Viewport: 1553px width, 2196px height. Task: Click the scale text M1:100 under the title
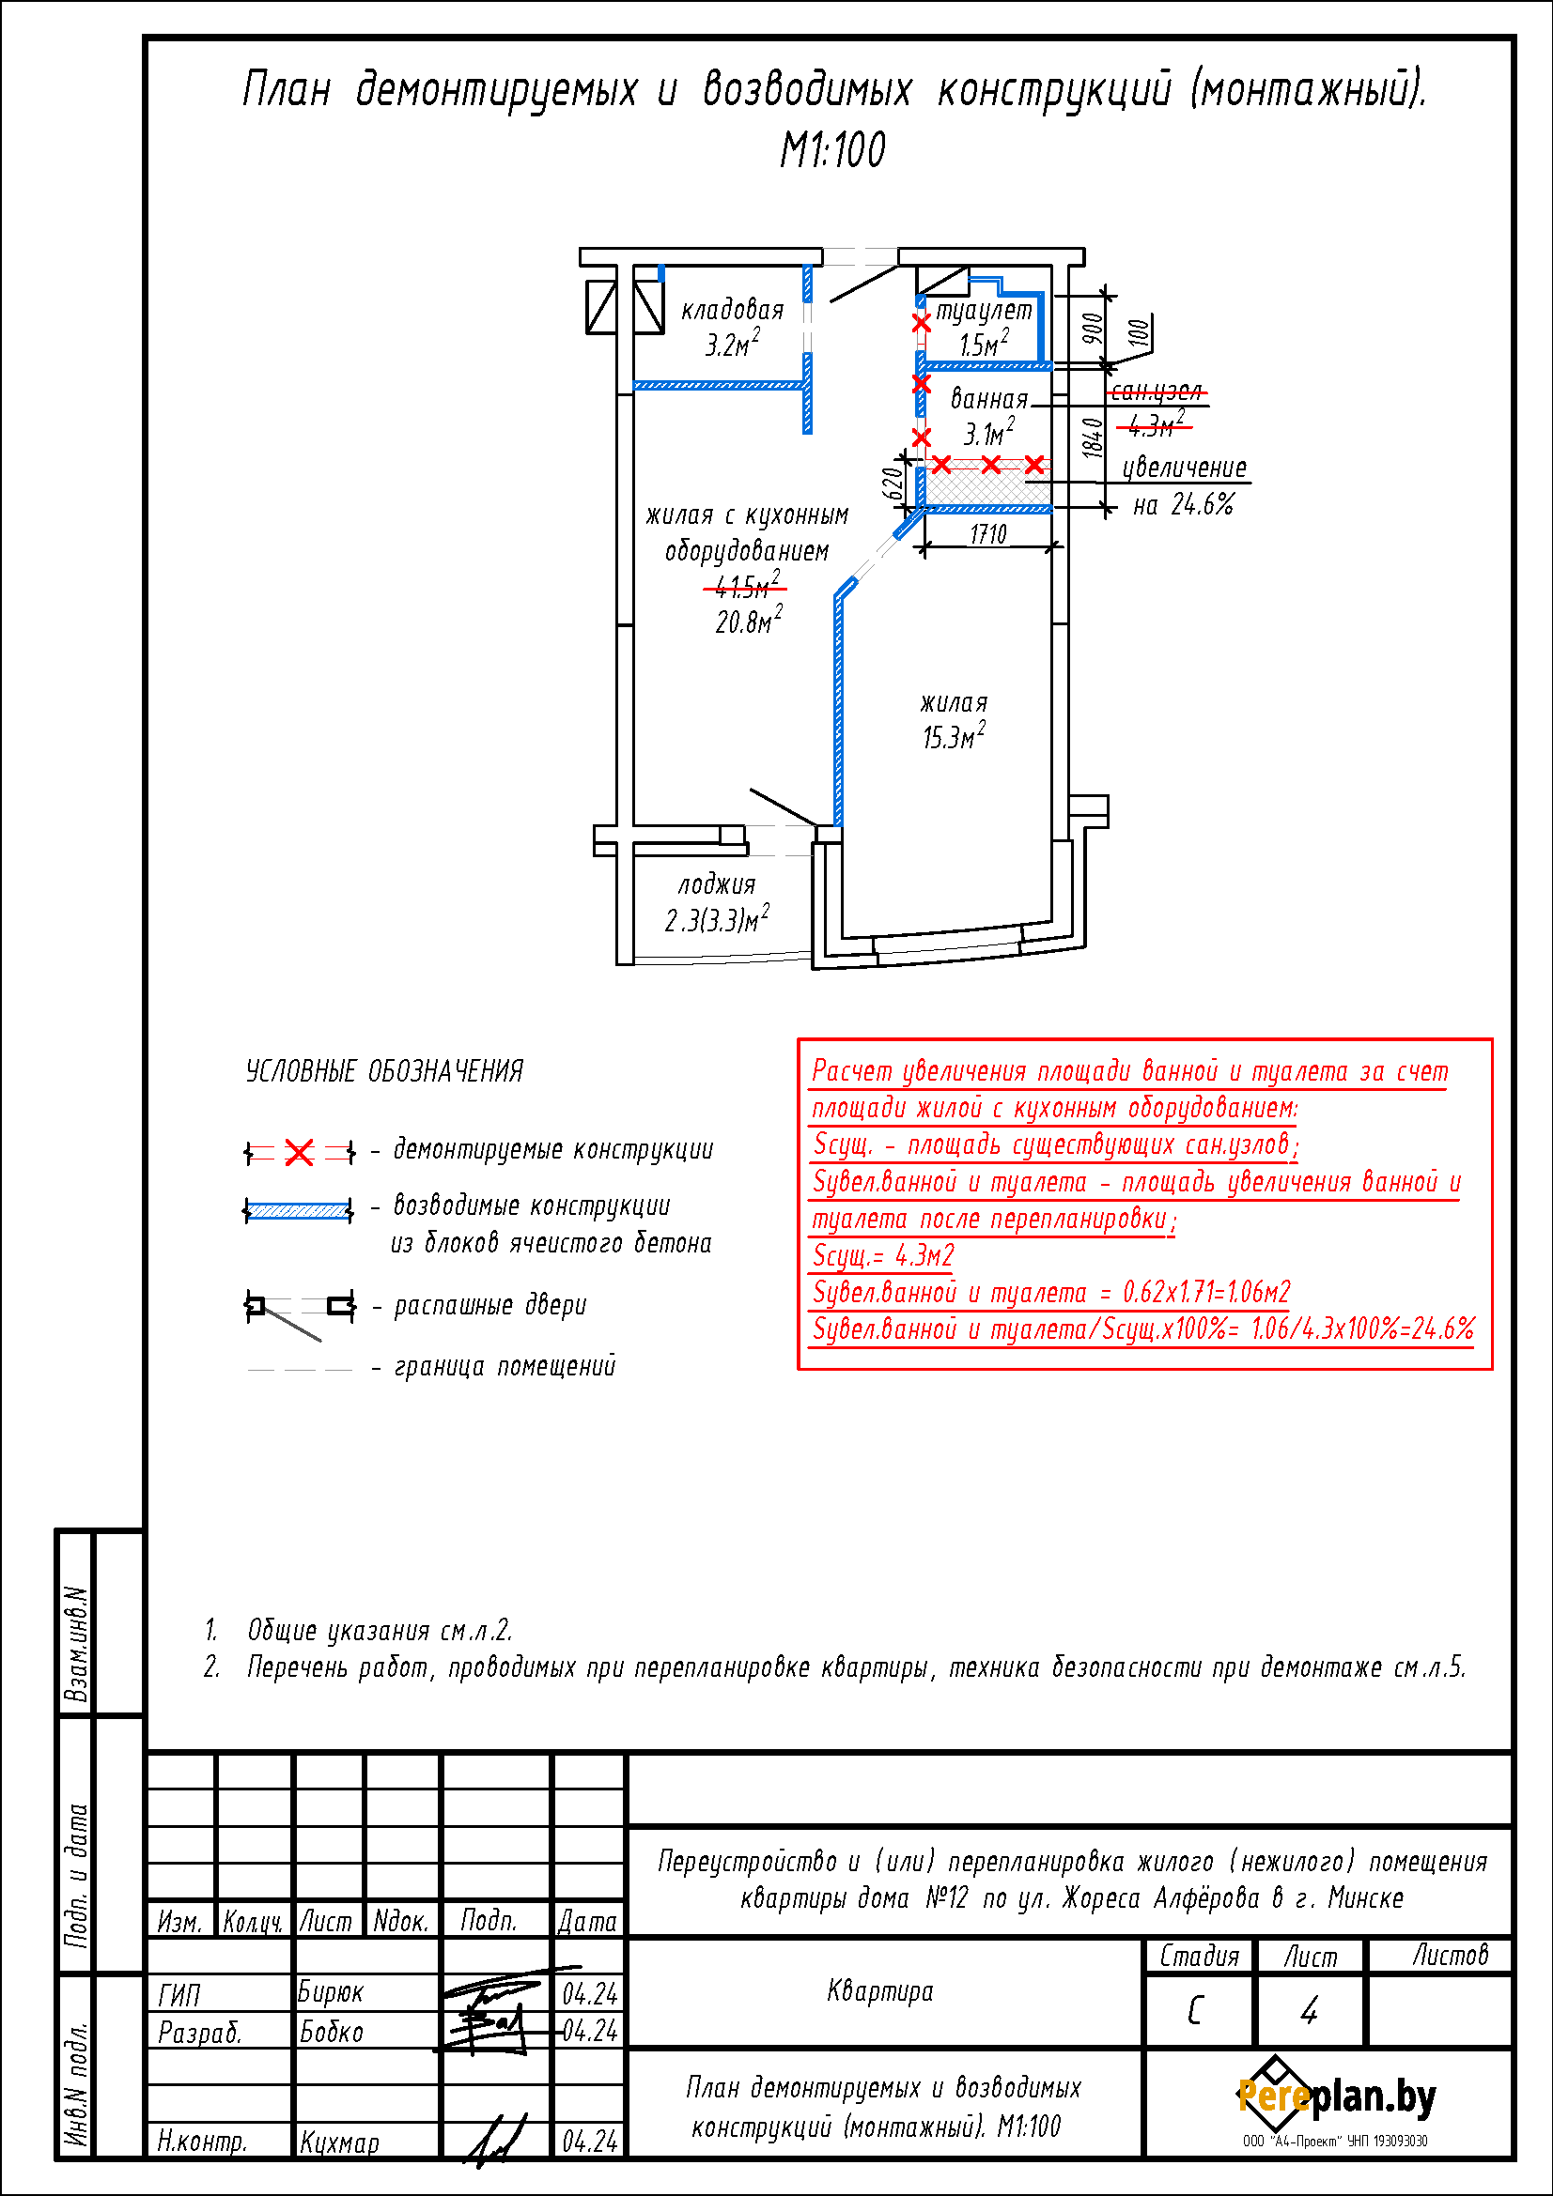tap(832, 150)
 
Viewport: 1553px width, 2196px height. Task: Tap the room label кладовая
tap(732, 310)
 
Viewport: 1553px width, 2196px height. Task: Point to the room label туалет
tap(984, 311)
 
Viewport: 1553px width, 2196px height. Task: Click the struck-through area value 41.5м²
tap(747, 585)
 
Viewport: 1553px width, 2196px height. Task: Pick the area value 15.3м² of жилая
tap(953, 737)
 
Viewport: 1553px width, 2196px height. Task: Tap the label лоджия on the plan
tap(717, 884)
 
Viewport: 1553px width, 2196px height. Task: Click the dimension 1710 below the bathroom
tap(987, 533)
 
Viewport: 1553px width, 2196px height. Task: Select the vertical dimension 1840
tap(1094, 438)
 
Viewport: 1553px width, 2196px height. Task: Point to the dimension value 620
tap(893, 483)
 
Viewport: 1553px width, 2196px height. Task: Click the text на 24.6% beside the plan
tap(1183, 505)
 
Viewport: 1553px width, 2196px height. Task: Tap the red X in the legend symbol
tap(300, 1153)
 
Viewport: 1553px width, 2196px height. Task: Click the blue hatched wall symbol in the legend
tap(299, 1211)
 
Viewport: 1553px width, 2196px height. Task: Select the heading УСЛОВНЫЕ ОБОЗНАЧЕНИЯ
tap(384, 1071)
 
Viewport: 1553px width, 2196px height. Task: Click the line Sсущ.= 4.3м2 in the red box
tap(882, 1256)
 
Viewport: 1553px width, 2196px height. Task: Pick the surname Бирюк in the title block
tap(330, 1992)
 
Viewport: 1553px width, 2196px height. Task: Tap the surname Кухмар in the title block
tap(339, 2142)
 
